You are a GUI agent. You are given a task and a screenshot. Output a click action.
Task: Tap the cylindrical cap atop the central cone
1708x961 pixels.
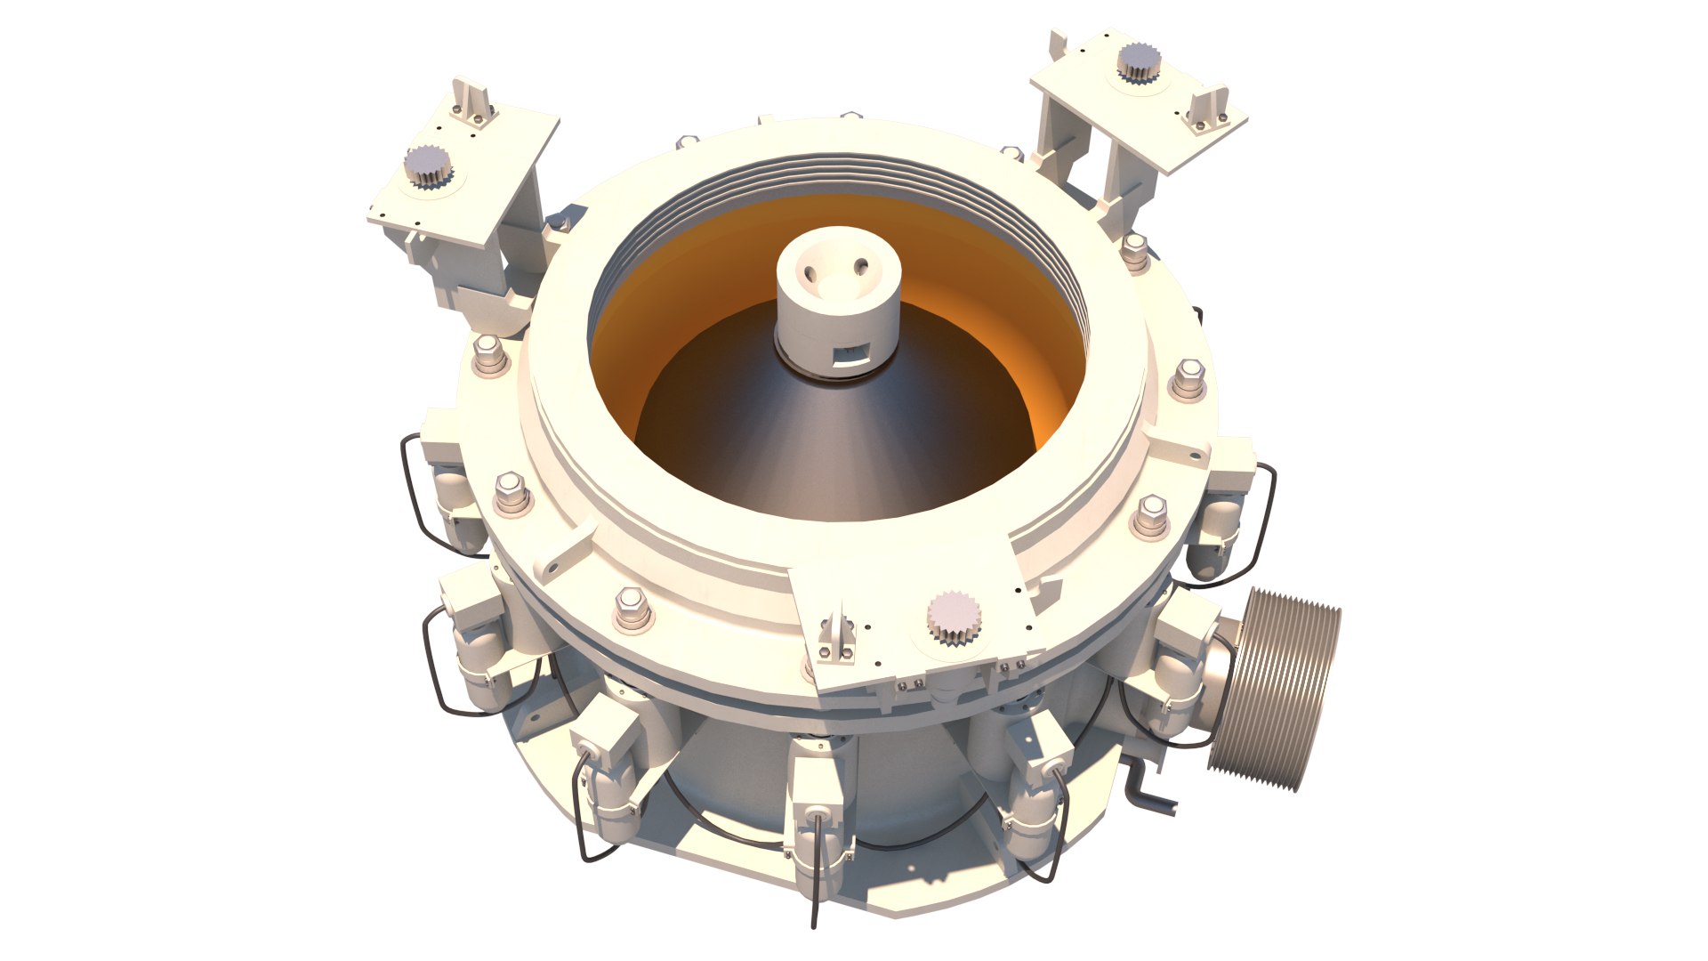[836, 303]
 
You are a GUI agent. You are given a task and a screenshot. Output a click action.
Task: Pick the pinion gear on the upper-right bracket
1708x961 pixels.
[1139, 62]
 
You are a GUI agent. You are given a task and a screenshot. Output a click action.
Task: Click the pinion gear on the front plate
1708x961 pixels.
[955, 617]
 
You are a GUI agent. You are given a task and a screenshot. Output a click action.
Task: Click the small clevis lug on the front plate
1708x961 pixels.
[837, 637]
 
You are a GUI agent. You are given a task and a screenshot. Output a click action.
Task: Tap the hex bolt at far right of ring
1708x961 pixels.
[1188, 378]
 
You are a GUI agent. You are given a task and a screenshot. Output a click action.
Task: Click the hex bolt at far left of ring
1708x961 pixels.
[489, 355]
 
